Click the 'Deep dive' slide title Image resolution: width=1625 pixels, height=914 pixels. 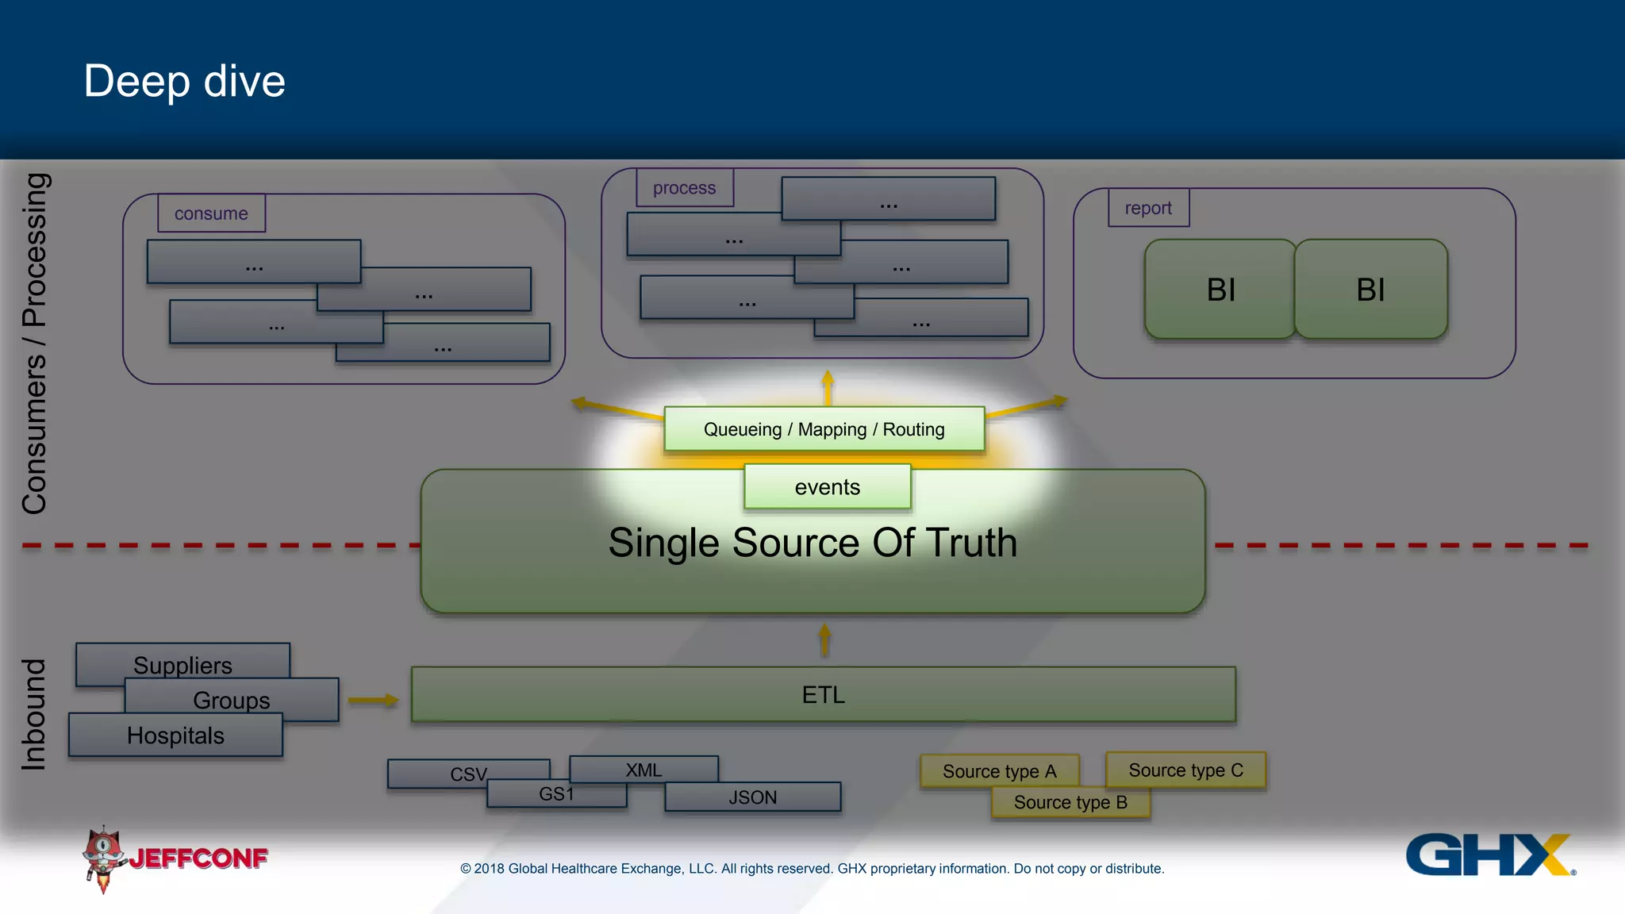click(x=184, y=82)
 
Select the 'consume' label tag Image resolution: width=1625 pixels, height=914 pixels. click(x=211, y=213)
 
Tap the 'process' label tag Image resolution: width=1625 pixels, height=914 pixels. click(x=684, y=188)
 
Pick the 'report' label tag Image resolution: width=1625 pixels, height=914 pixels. click(x=1148, y=208)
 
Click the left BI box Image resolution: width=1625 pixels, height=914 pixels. click(x=1220, y=290)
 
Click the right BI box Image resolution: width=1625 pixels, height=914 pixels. click(x=1370, y=290)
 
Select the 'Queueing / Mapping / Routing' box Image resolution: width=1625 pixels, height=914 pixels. click(x=824, y=429)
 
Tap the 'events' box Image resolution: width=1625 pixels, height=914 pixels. click(x=827, y=486)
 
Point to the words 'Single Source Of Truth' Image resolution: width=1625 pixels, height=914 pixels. click(x=812, y=543)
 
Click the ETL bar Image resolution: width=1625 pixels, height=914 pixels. click(x=823, y=695)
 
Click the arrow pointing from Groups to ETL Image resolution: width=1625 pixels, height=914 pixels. click(x=372, y=700)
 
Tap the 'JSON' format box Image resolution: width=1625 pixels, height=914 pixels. click(x=752, y=797)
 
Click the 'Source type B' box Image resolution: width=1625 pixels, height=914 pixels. click(x=1070, y=802)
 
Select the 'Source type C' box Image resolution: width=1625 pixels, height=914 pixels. click(x=1185, y=770)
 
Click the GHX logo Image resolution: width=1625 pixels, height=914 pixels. click(x=1489, y=854)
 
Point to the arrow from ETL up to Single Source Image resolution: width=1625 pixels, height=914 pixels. click(x=824, y=639)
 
